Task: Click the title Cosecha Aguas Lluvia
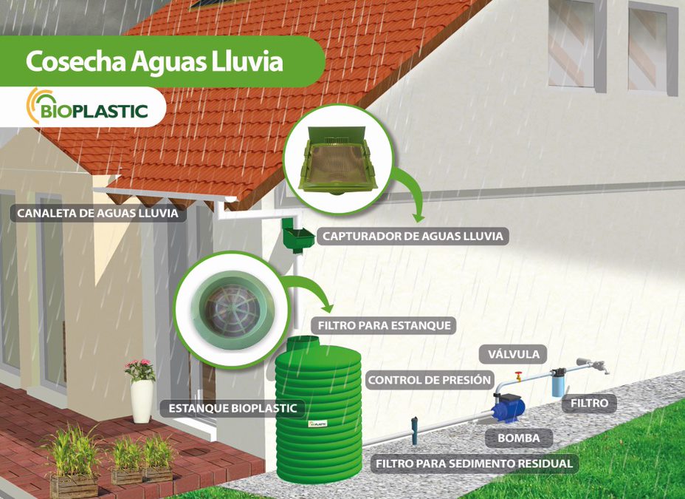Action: click(x=154, y=61)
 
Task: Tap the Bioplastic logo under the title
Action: click(x=87, y=106)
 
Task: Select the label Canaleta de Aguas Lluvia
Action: click(x=98, y=214)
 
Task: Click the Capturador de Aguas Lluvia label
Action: click(x=413, y=236)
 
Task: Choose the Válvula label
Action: click(x=513, y=354)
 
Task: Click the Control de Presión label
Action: click(x=430, y=380)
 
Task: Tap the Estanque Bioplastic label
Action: click(x=233, y=409)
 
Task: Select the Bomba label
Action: click(x=519, y=438)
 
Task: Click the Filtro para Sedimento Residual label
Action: click(x=475, y=464)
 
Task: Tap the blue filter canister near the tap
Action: click(x=558, y=383)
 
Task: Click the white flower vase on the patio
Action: click(x=142, y=401)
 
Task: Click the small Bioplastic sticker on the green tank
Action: click(x=317, y=424)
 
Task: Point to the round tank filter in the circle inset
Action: click(x=233, y=310)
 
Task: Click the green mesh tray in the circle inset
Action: click(x=337, y=160)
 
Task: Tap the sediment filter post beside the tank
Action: click(x=414, y=430)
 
